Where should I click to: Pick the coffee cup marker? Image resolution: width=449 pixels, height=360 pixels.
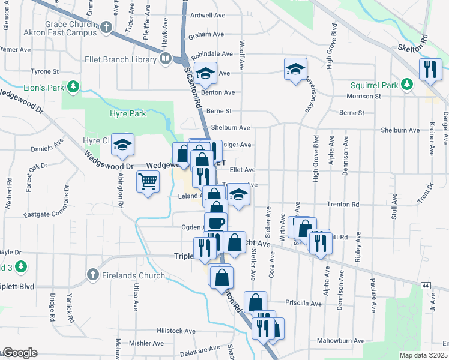(216, 223)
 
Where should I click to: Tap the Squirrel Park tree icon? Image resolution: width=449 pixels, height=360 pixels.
(407, 84)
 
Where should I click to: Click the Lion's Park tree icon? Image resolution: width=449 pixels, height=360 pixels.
(73, 88)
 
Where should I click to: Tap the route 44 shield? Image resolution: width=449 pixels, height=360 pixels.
(426, 285)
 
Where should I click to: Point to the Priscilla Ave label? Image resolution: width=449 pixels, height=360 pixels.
(304, 303)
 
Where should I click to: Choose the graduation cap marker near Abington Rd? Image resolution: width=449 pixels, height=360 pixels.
(123, 145)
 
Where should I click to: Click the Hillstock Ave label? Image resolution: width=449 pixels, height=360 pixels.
(176, 331)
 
